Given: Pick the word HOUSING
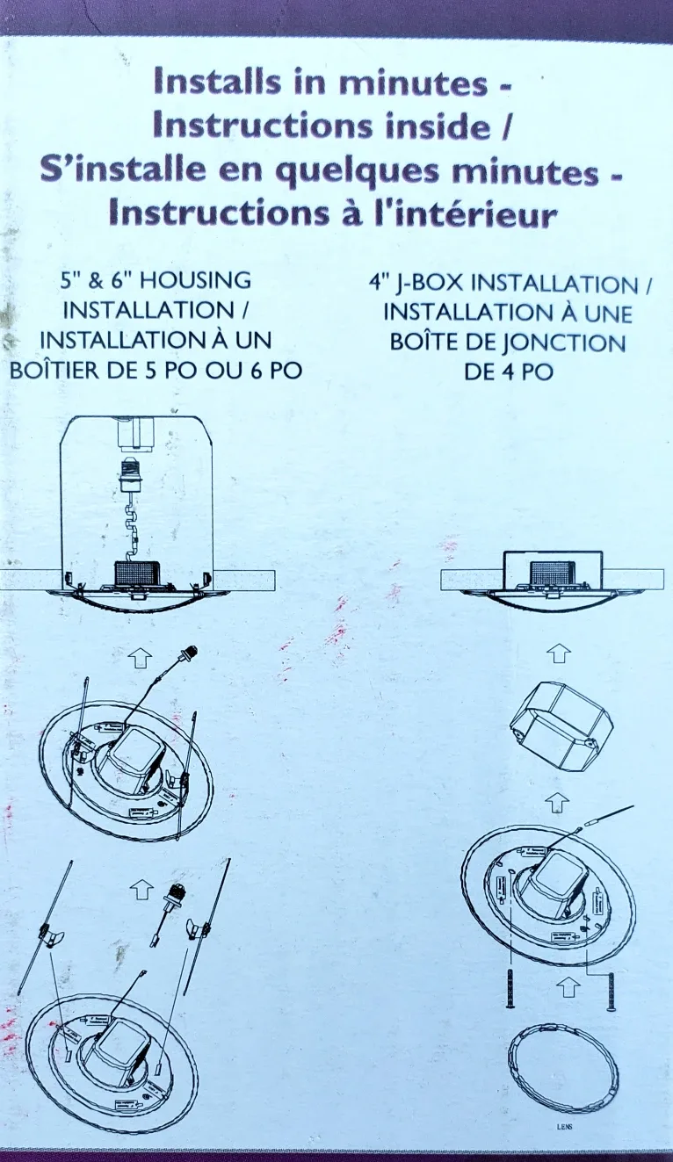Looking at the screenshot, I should [195, 281].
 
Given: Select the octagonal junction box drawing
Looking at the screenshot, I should [554, 726].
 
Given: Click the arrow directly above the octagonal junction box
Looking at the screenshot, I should [559, 653].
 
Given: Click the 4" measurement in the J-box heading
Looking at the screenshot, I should [378, 285].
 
